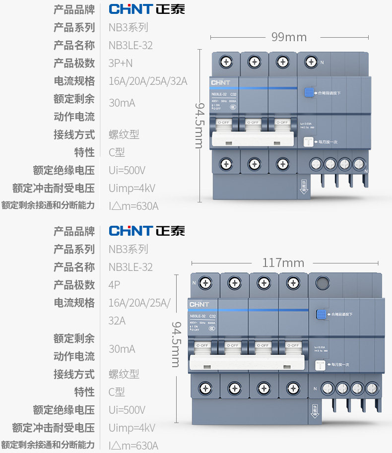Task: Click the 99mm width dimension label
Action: pos(289,37)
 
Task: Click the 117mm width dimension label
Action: pos(283,262)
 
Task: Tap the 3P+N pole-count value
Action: pos(121,63)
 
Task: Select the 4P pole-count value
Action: pos(114,285)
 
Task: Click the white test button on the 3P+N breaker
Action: pos(309,142)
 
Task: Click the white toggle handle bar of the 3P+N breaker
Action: pos(254,139)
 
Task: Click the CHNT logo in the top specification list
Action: pos(147,9)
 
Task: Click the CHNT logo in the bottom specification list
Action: pos(147,231)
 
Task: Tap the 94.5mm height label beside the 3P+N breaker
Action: pos(199,126)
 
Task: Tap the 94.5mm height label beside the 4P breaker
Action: pos(176,344)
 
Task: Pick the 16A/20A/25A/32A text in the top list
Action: pos(148,81)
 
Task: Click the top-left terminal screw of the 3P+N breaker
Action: pos(226,62)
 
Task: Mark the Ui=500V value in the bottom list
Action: pos(127,410)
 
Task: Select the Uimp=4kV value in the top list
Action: pos(132,188)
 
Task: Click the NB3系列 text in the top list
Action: pos(129,27)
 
